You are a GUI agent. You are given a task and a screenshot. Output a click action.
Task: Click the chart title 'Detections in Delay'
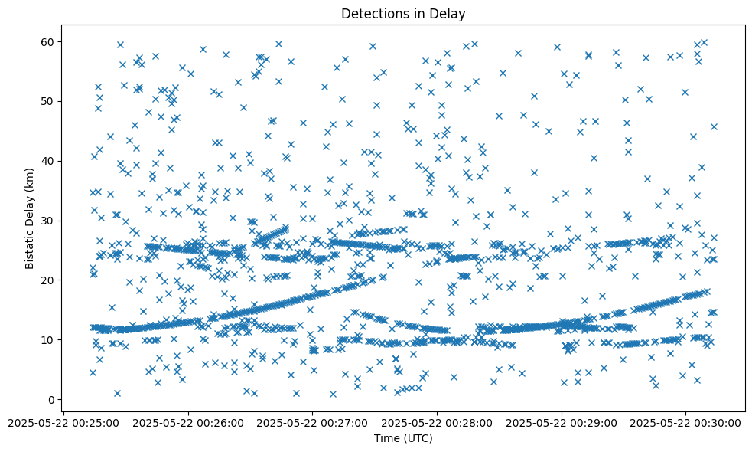click(403, 14)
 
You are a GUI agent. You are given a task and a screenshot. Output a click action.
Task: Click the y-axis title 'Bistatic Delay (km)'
click(31, 218)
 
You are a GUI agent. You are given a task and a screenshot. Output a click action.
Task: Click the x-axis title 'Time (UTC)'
click(403, 438)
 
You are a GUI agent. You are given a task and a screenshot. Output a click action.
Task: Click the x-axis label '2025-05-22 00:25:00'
click(63, 422)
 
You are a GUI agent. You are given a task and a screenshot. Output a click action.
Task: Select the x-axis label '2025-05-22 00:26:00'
click(188, 422)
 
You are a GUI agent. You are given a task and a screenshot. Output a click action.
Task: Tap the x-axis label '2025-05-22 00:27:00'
click(313, 422)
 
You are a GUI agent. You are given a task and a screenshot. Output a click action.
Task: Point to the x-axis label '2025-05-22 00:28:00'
click(438, 422)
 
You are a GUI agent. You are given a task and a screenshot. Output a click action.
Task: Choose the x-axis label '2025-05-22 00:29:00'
click(562, 422)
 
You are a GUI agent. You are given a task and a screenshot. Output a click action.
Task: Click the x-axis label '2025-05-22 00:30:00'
click(687, 422)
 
